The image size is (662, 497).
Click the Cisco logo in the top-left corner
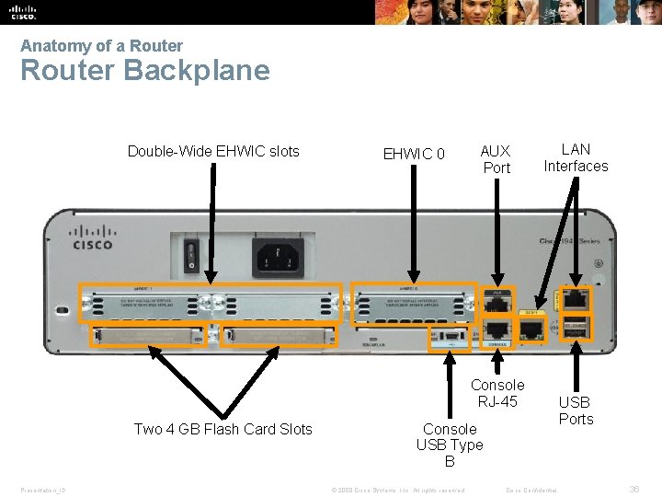24,11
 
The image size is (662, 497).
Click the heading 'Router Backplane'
145,71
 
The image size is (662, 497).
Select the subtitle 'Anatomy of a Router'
101,46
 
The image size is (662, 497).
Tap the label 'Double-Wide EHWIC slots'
213,151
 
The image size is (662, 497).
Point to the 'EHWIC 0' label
414,154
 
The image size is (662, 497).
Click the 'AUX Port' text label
496,159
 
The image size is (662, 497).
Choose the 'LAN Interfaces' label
576,157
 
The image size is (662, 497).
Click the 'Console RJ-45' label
497,393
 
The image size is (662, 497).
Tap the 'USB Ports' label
576,410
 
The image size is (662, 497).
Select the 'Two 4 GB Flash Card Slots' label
223,429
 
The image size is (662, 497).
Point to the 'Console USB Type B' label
450,445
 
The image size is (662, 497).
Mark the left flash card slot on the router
147,337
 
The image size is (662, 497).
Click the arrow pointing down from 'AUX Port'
496,230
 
